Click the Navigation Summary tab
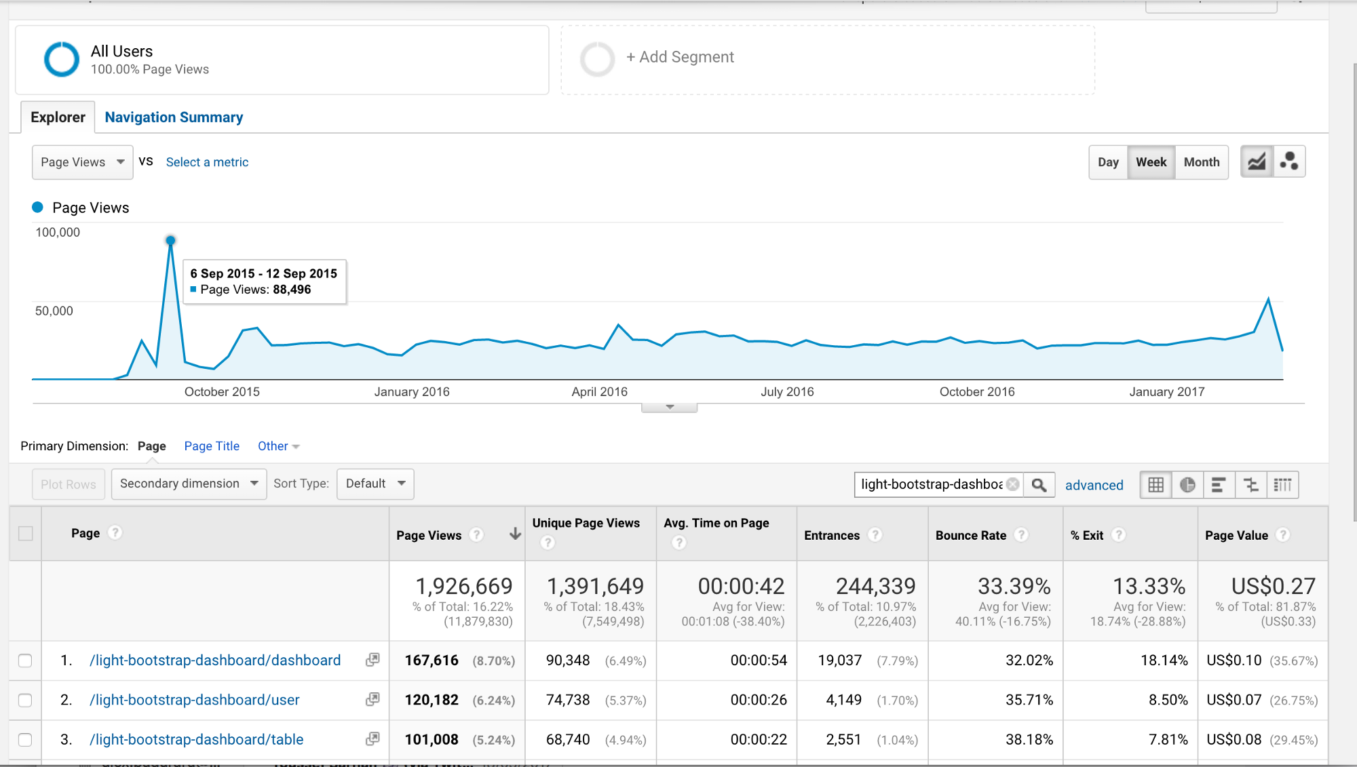pos(174,117)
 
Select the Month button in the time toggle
pos(1201,162)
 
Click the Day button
pos(1108,162)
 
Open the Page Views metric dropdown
pos(82,162)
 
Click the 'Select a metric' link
pos(207,162)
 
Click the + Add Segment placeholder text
pos(680,57)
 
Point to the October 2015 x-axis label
pos(222,392)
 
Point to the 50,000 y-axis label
pos(54,311)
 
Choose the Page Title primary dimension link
pos(212,446)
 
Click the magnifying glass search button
pos(1038,485)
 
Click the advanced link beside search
pos(1094,485)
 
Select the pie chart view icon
pos(1187,485)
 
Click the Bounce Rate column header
pos(970,535)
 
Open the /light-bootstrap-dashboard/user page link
pos(195,700)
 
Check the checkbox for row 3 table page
pos(25,739)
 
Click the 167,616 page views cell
pos(432,661)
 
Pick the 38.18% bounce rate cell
pos(1029,739)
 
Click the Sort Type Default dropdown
pos(375,484)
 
